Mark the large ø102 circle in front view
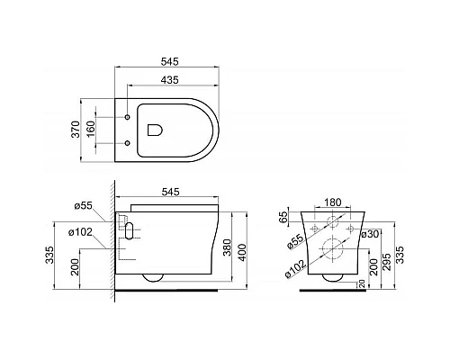[333, 249]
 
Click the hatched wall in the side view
[111, 243]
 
